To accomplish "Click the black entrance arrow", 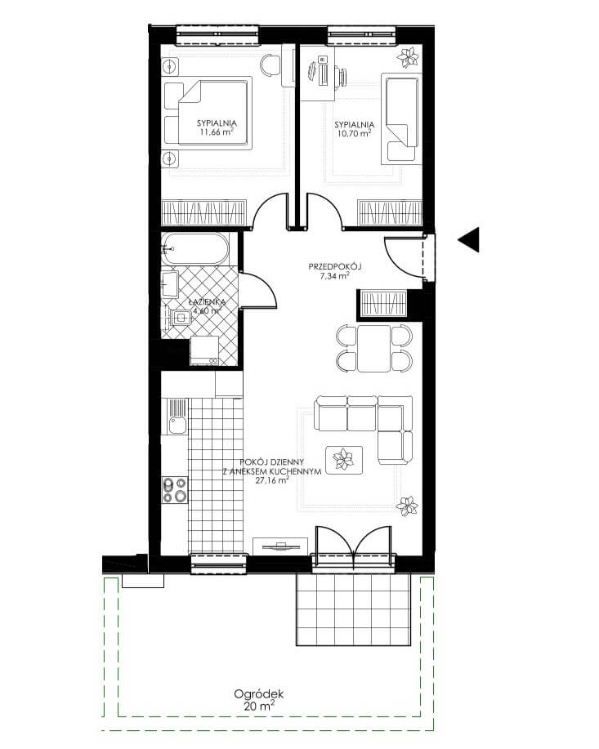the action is tap(469, 239).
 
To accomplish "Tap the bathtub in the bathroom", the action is tap(194, 249).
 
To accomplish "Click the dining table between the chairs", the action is tap(373, 348).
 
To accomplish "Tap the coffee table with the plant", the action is tap(344, 460).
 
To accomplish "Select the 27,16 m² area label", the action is tap(272, 480).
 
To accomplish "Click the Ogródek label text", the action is tap(258, 694).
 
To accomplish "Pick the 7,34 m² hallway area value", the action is tap(334, 275).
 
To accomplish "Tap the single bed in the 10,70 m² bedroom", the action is tap(401, 118).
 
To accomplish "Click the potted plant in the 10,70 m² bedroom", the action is tap(408, 57).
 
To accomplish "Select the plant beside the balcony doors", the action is tap(407, 506).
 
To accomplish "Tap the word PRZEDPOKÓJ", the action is tap(334, 266).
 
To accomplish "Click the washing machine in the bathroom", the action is tap(204, 350).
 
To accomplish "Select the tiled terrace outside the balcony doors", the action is tap(354, 609).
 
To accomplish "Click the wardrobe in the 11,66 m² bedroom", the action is tap(204, 212).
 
